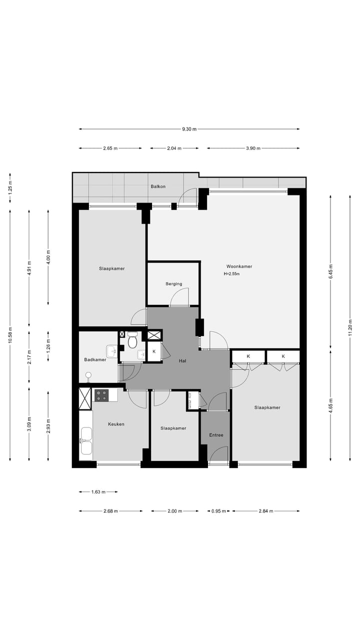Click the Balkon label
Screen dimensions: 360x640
pos(158,186)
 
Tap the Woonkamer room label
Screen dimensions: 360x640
pos(239,266)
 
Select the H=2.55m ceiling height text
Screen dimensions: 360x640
pos(231,273)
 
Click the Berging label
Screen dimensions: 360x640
pos(173,284)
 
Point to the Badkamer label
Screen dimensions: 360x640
pos(95,359)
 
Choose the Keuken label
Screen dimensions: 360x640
pos(116,424)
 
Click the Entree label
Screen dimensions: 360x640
pos(216,435)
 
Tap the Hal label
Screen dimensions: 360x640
pos(182,361)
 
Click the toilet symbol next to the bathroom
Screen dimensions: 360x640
pos(132,340)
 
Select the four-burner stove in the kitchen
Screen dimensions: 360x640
pos(101,395)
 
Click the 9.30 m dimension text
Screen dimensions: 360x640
pos(189,129)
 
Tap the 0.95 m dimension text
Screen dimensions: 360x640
pos(218,511)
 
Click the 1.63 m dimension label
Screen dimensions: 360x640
pos(98,492)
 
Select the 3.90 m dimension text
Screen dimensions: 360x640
pos(253,148)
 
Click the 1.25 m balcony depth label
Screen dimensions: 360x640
pos(10,188)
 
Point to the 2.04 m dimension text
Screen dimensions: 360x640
pos(174,148)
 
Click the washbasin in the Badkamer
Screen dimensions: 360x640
pos(111,351)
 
